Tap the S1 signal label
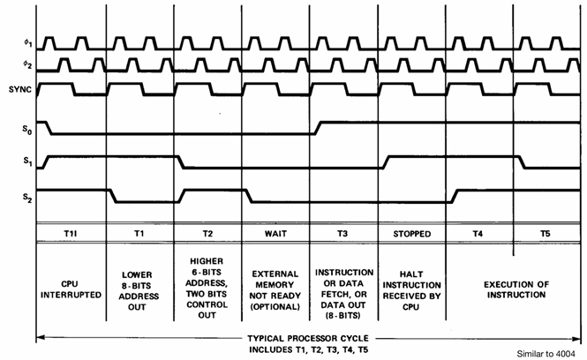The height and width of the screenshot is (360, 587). click(11, 162)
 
